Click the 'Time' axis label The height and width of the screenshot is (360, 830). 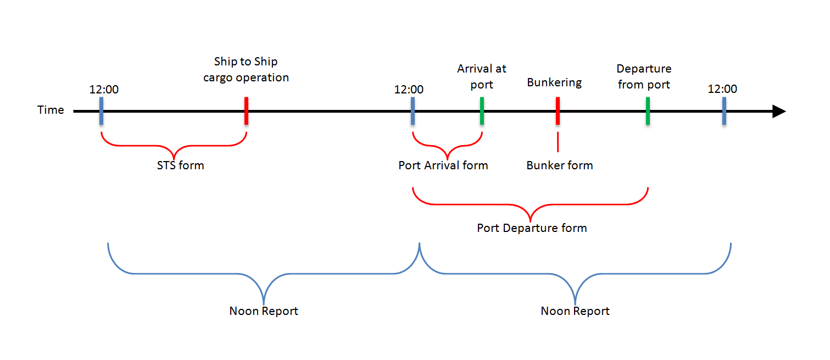coord(51,110)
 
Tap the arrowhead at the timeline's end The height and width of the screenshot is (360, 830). coord(779,111)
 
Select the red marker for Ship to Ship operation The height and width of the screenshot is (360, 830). coord(247,111)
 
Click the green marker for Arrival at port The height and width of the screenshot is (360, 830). coord(482,111)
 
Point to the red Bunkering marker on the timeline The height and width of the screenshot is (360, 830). coord(558,111)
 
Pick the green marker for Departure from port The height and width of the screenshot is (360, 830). coord(648,111)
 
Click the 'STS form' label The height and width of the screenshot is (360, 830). coord(181,165)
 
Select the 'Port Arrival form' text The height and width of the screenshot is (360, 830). coord(443,165)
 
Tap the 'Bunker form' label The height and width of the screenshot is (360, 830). coord(560,165)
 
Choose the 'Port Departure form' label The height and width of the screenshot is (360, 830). coord(532,228)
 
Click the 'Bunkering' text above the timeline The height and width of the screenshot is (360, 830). coord(554,82)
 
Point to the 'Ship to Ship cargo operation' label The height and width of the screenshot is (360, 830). coord(246,69)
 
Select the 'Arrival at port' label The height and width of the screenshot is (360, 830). coord(482,76)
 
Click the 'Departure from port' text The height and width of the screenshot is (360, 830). coord(644,76)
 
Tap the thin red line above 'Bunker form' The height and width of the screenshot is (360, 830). coord(558,142)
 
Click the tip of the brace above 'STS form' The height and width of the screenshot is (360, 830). coord(174,159)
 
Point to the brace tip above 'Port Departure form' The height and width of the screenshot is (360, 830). coord(530,221)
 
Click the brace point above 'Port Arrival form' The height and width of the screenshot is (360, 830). coord(447,159)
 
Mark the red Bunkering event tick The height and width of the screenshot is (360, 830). coord(558,111)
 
